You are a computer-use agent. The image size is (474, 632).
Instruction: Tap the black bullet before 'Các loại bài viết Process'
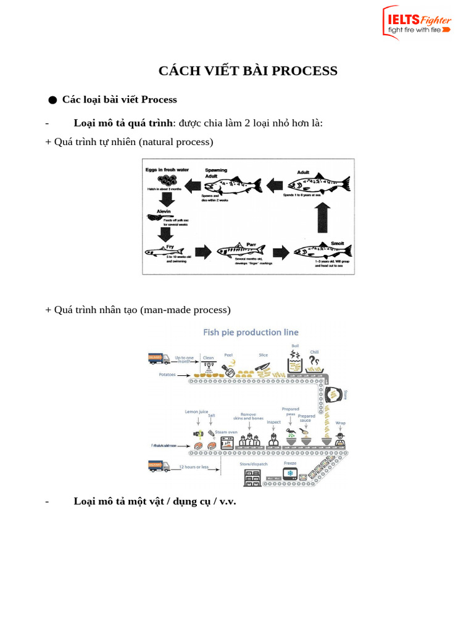(x=52, y=100)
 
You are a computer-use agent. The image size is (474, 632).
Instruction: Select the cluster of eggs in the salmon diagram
(x=161, y=181)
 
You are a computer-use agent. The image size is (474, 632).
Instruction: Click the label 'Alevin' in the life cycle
(x=164, y=211)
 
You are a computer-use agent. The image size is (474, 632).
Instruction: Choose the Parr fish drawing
(x=241, y=250)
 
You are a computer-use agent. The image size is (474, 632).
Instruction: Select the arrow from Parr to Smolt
(x=281, y=252)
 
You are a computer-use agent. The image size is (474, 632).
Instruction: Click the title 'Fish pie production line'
(x=251, y=332)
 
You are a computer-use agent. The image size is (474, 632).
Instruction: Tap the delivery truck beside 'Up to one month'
(x=159, y=359)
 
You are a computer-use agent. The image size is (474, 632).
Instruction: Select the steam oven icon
(x=228, y=442)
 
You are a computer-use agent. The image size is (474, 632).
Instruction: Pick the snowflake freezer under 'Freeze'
(x=289, y=474)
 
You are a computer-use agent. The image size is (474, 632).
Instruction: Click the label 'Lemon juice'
(x=197, y=411)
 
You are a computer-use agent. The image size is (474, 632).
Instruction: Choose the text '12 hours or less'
(x=194, y=467)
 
